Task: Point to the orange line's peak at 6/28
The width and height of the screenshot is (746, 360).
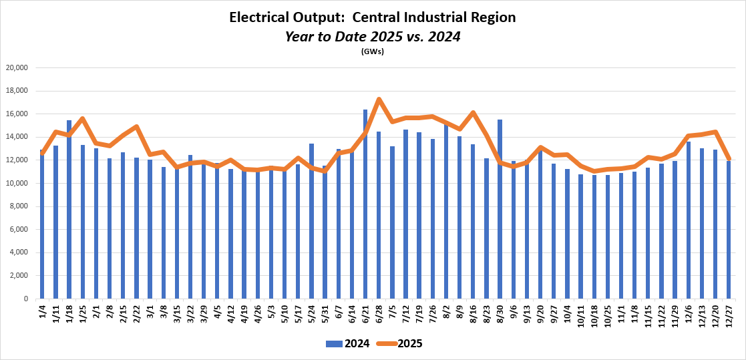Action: pyautogui.click(x=379, y=100)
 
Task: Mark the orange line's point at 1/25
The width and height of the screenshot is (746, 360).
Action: pyautogui.click(x=83, y=119)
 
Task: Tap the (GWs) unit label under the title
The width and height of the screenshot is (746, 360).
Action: pyautogui.click(x=373, y=51)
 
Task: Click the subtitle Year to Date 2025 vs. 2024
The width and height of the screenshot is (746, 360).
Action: pyautogui.click(x=373, y=37)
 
